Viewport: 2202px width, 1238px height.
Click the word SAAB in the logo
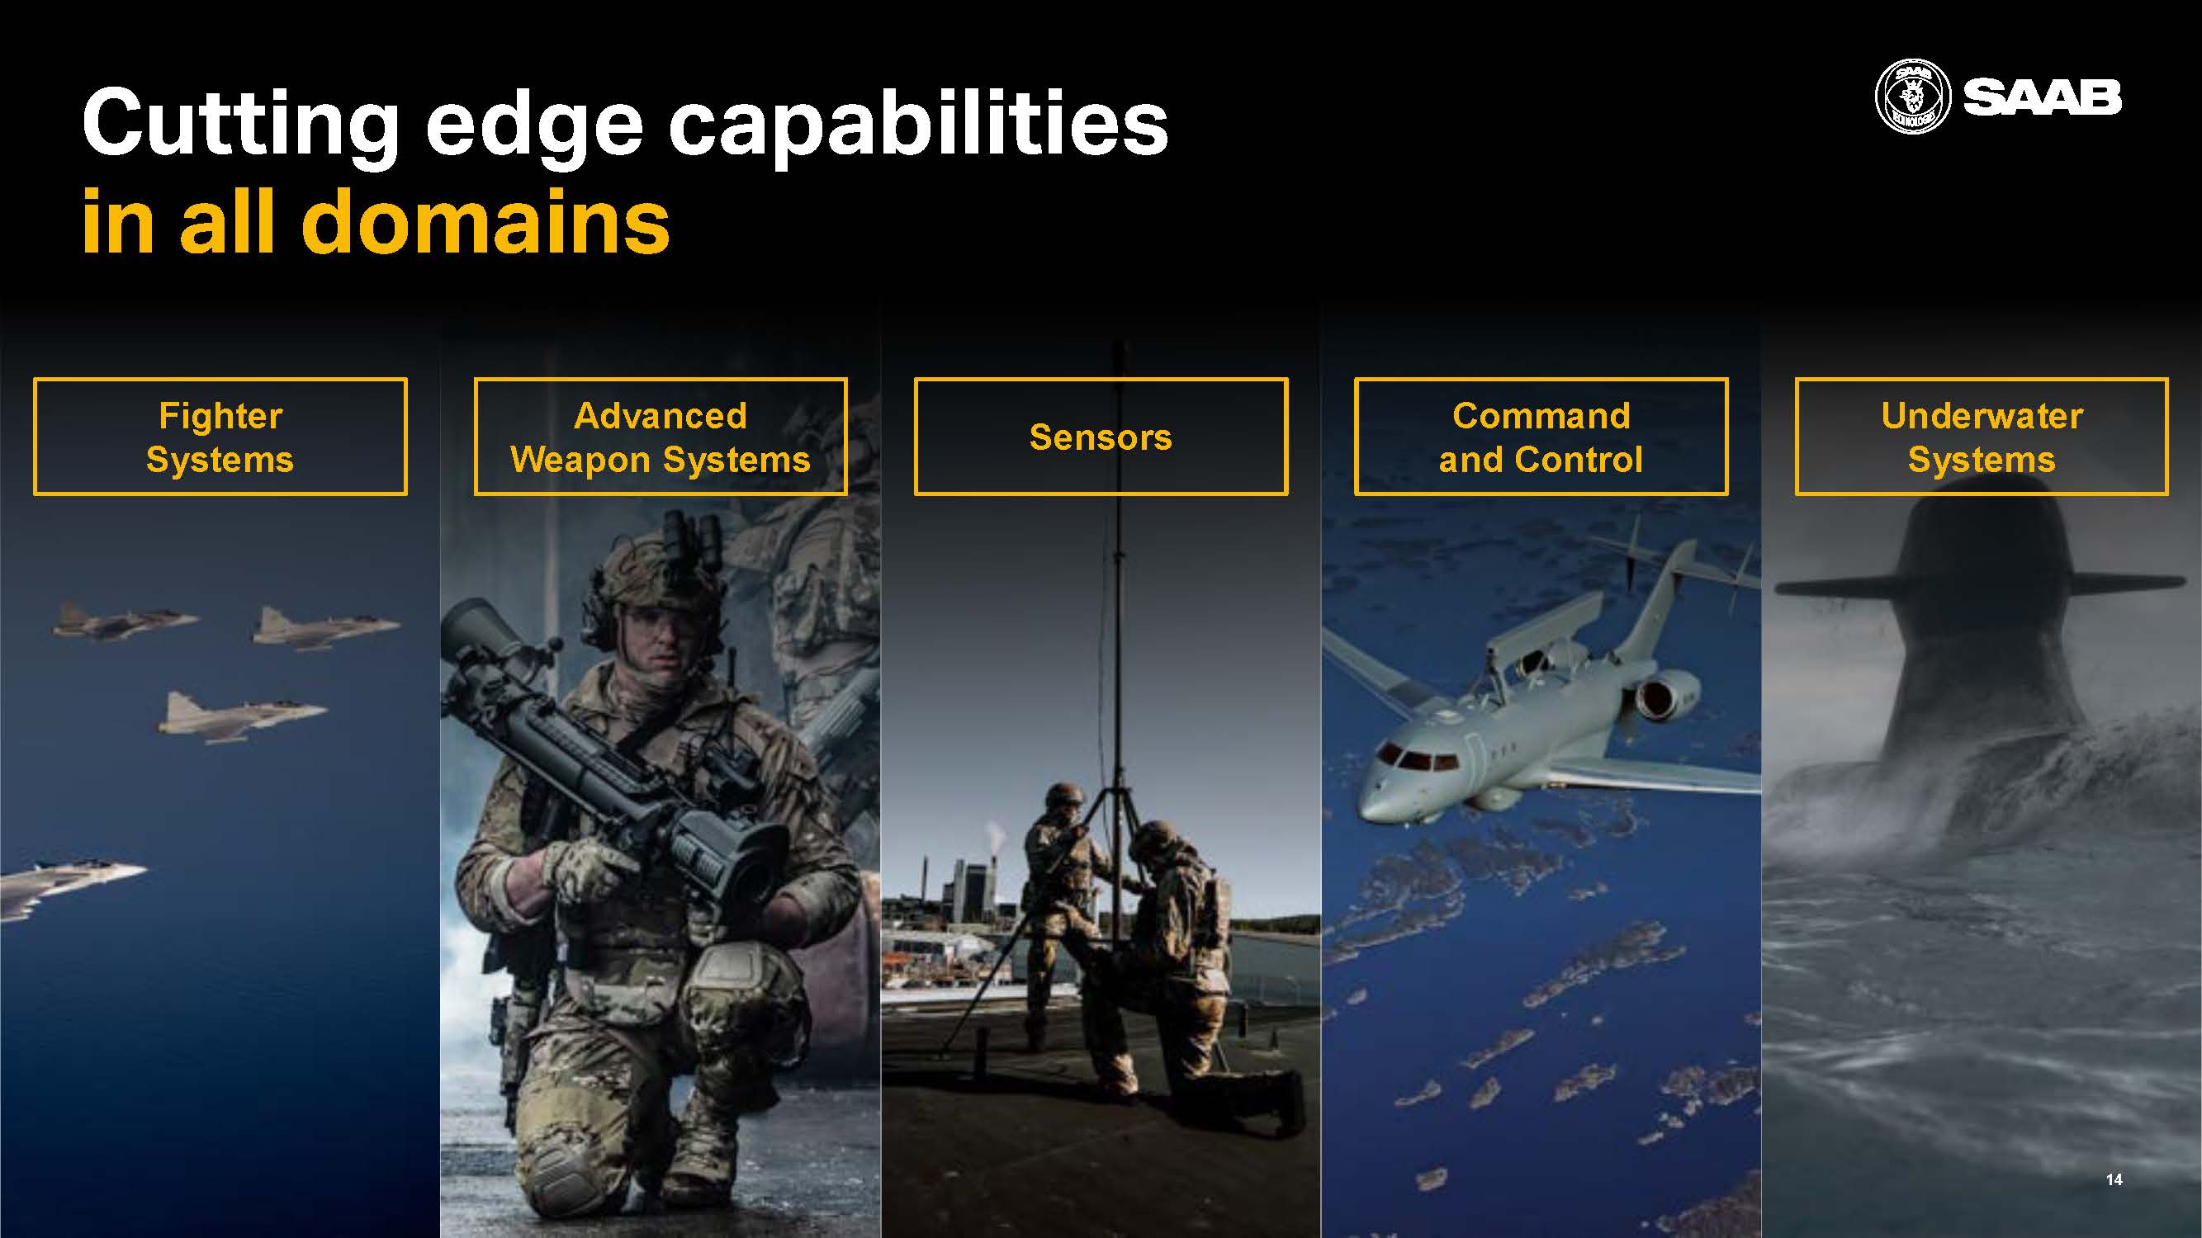tap(2041, 97)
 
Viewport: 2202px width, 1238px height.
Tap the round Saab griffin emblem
tap(1913, 97)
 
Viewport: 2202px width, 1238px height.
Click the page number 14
tap(2114, 1179)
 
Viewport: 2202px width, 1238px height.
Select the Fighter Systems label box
tap(220, 437)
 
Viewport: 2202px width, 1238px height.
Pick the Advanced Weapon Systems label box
tap(661, 437)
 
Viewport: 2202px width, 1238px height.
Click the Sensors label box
tap(1101, 437)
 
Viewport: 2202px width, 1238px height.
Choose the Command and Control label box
tap(1541, 437)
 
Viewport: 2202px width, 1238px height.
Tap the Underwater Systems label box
tap(1982, 437)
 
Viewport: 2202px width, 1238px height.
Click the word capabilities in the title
tap(917, 126)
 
